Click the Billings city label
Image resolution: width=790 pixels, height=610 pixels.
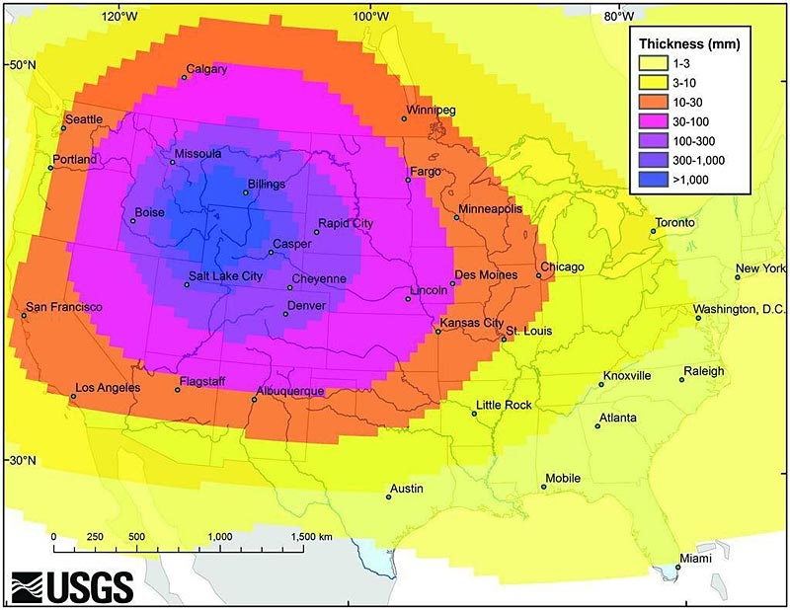(267, 185)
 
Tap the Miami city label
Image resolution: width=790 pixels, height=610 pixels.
(695, 558)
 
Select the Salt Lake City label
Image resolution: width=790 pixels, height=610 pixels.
(225, 276)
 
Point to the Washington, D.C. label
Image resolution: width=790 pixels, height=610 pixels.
(739, 309)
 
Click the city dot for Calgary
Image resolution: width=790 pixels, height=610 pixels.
(184, 77)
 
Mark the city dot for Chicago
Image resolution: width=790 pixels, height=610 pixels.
(539, 275)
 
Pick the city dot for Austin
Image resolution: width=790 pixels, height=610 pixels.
(388, 496)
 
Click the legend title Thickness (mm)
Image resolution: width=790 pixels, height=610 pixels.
(689, 44)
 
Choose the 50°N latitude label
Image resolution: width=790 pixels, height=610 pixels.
(22, 64)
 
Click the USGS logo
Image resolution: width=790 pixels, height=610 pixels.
(72, 586)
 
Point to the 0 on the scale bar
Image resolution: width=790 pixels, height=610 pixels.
(53, 536)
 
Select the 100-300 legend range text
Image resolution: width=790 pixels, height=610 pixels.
(692, 141)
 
